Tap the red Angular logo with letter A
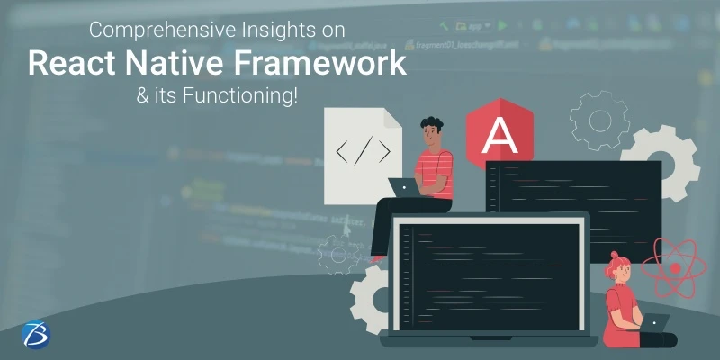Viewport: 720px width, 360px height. pos(497,135)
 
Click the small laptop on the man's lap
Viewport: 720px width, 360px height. pos(402,186)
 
